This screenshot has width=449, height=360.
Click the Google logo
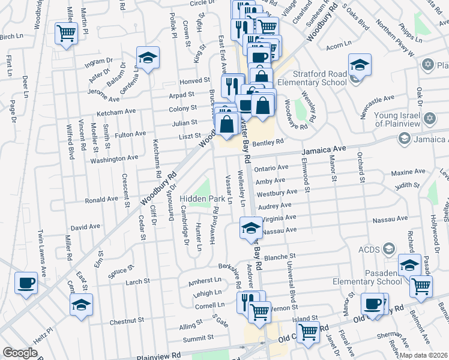coord(20,353)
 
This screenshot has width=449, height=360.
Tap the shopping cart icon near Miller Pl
coord(66,34)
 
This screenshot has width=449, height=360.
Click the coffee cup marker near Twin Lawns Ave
coord(26,283)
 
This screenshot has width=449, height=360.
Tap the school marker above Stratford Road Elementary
coord(360,64)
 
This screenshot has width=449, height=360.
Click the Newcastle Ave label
coord(377,98)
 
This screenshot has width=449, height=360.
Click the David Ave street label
coord(85,228)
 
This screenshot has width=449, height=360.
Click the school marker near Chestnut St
coord(82,304)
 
